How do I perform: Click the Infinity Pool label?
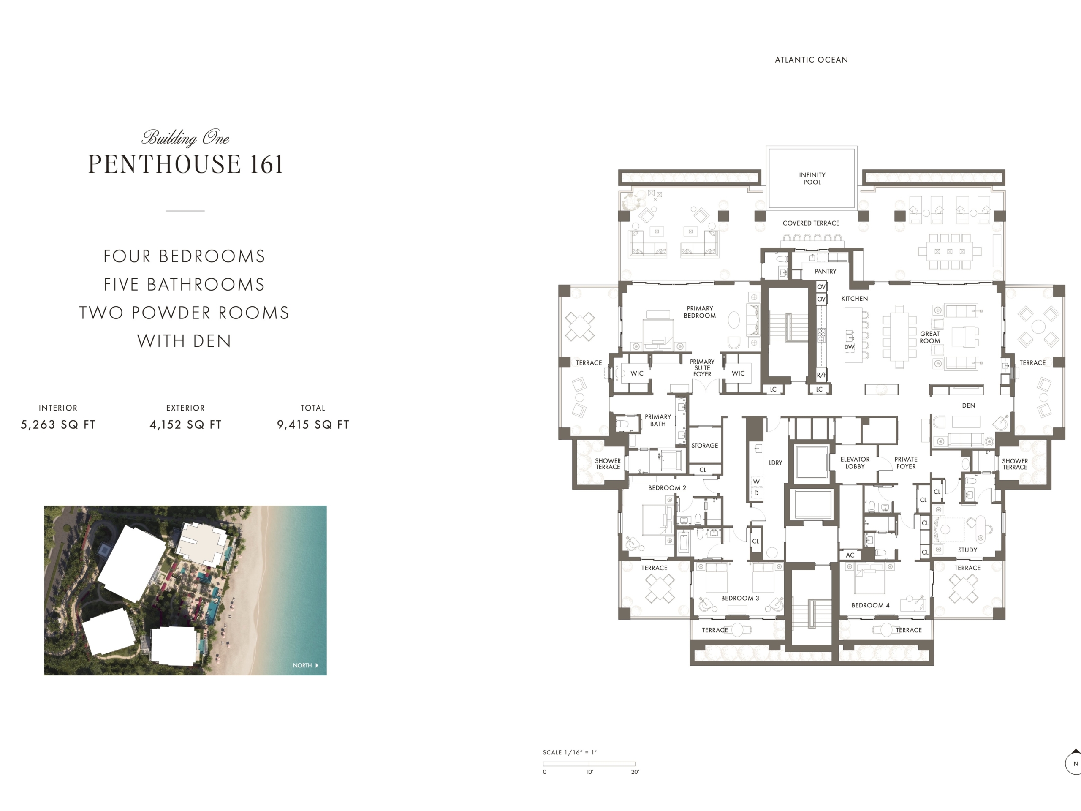click(812, 178)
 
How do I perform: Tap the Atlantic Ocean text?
click(811, 60)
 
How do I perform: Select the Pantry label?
click(826, 271)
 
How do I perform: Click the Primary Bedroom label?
click(700, 312)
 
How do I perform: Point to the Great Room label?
click(929, 337)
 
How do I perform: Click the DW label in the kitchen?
click(849, 347)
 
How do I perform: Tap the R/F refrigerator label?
click(821, 376)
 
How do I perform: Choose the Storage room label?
click(704, 445)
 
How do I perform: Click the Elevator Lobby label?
click(855, 463)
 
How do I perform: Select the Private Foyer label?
click(906, 463)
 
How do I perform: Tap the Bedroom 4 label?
click(870, 605)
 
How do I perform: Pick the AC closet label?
click(850, 555)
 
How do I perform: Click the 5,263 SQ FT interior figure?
click(58, 425)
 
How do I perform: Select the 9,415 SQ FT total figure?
click(313, 425)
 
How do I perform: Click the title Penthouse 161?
click(186, 164)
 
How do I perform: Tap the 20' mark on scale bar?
click(635, 772)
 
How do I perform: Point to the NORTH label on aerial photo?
click(302, 665)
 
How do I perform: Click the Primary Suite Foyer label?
click(702, 368)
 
